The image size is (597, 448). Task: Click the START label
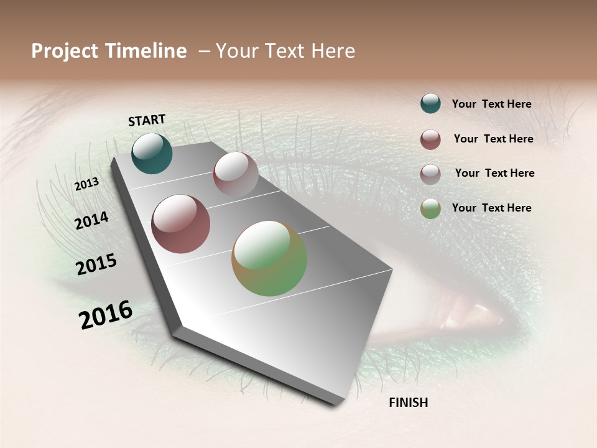point(147,120)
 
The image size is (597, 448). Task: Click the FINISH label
point(408,403)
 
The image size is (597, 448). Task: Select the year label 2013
point(87,184)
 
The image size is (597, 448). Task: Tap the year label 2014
point(92,220)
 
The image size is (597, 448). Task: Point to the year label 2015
point(96,264)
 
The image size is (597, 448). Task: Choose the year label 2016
point(106,315)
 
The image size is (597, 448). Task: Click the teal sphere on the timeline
point(152,154)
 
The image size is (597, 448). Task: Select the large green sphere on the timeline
point(269,258)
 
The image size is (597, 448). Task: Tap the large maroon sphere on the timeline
point(180,224)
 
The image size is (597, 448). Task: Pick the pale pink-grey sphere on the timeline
point(236,174)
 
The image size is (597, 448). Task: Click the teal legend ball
point(430,103)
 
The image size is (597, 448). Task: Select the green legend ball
point(430,208)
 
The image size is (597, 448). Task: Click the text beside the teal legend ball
point(491,104)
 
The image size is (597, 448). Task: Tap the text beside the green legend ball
point(491,208)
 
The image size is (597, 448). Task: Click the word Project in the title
point(65,51)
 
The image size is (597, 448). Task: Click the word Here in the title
point(333,51)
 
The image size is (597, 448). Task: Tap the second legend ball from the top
point(430,139)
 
